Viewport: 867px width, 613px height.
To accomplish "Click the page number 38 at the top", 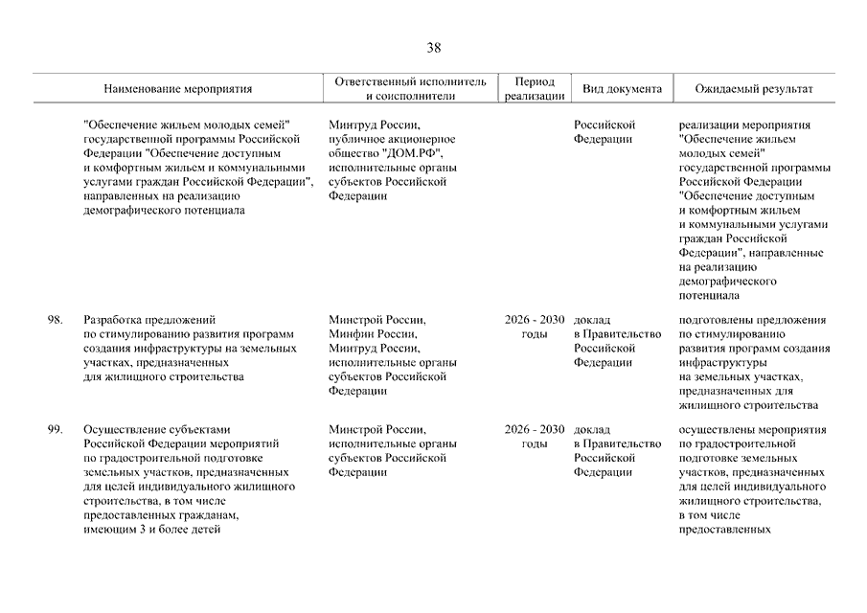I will [x=434, y=48].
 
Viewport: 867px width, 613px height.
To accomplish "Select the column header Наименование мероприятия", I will [x=178, y=89].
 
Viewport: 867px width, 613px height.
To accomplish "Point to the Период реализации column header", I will [x=534, y=89].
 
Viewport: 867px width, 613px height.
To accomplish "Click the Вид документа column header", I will [x=622, y=89].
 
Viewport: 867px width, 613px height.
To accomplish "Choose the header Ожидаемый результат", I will [x=754, y=89].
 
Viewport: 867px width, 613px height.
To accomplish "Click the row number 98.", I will [x=55, y=320].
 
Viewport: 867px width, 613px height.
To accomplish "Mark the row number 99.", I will [x=55, y=430].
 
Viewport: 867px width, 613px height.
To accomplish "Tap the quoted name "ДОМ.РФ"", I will [x=412, y=153].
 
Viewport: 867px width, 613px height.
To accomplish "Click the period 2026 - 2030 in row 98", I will [x=535, y=320].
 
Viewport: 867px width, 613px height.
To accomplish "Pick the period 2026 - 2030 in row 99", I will [x=535, y=430].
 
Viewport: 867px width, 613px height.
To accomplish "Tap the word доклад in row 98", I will [x=592, y=320].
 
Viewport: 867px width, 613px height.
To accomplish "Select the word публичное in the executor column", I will [x=354, y=139].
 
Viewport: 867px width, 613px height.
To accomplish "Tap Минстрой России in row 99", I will [x=375, y=430].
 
